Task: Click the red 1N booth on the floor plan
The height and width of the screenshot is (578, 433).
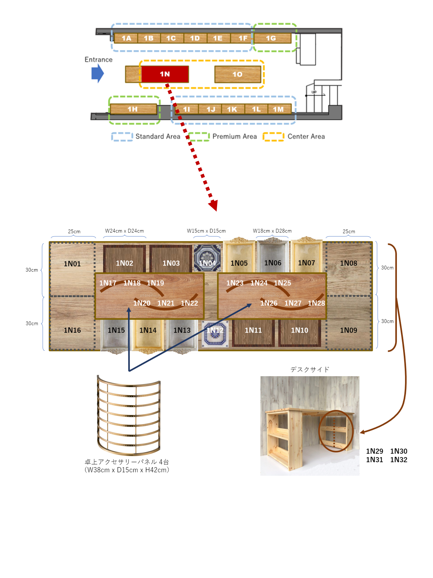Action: (165, 74)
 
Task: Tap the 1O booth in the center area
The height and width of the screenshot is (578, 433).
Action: (237, 74)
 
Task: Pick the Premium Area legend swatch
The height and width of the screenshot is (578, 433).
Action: (199, 137)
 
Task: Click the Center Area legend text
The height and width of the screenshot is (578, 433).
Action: (306, 136)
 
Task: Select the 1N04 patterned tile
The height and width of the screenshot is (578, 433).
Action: (207, 258)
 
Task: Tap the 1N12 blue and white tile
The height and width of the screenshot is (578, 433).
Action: (215, 334)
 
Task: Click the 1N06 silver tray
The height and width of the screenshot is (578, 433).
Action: (273, 257)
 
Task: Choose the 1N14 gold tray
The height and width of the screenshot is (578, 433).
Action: (148, 334)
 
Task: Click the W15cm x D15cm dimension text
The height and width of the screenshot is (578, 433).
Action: (206, 231)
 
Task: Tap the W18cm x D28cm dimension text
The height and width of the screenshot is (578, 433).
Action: (272, 231)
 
